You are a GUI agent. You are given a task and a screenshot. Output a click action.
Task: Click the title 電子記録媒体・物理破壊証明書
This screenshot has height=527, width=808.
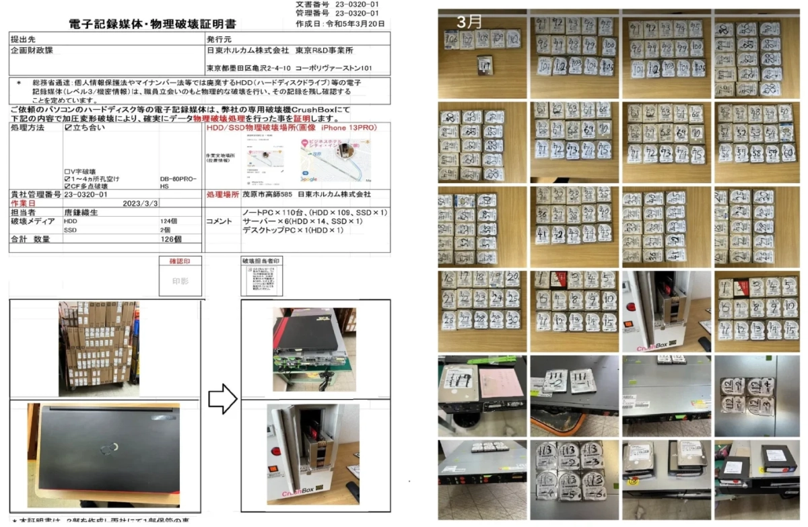coord(151,24)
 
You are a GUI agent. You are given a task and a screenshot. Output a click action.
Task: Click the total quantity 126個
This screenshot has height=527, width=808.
coord(171,239)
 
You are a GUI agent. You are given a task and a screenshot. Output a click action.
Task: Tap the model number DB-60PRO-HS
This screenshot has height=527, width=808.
coord(178,182)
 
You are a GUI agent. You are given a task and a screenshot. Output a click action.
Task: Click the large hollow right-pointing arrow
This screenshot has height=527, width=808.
coord(222,400)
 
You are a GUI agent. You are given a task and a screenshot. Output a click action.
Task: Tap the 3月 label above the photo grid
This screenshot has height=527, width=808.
coord(469,21)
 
